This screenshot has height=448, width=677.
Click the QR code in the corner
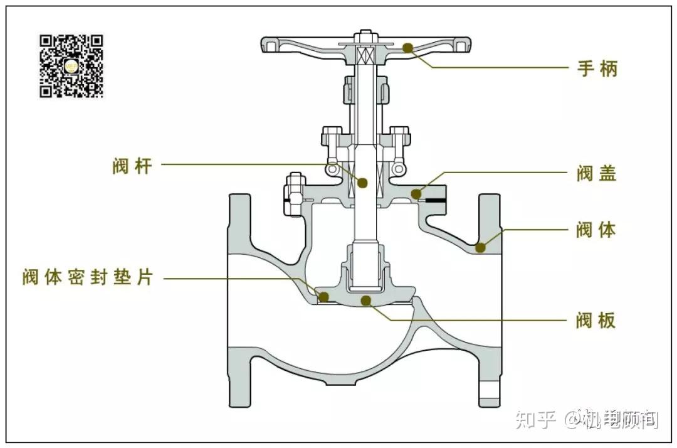click(x=71, y=66)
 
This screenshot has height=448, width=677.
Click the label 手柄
click(x=597, y=68)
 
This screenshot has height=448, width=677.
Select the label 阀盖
click(x=597, y=173)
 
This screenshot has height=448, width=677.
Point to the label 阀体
click(x=597, y=230)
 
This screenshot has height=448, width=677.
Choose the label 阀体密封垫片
click(x=88, y=277)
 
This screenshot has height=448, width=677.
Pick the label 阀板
click(x=597, y=321)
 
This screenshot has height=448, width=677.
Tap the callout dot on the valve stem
click(x=362, y=183)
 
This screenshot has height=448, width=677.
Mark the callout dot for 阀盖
click(x=416, y=193)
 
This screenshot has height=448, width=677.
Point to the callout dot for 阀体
click(x=480, y=247)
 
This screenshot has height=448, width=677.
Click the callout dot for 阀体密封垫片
click(x=324, y=296)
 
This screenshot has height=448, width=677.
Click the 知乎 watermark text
click(x=536, y=419)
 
